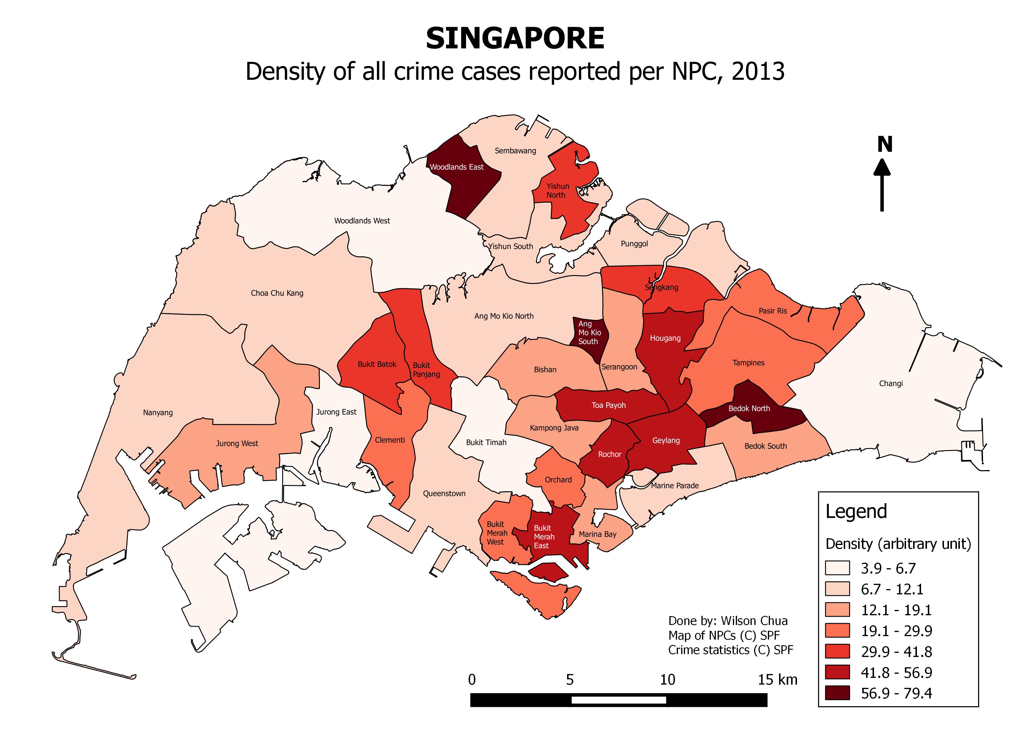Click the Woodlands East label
456,167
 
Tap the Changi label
890,383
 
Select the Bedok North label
749,409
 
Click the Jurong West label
237,444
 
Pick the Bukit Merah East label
544,537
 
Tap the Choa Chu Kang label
277,293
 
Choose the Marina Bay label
597,534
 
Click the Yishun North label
557,190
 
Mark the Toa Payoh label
609,405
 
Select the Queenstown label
444,493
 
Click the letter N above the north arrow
885,145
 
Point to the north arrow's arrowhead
882,169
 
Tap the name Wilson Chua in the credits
754,621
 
